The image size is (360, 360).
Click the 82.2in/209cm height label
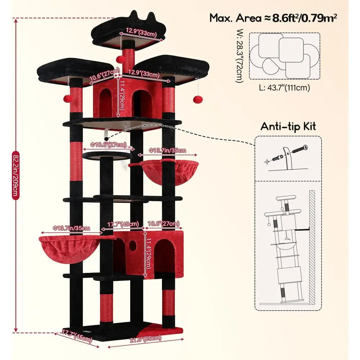(x=15, y=175)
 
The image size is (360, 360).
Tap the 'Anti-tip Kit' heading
(x=288, y=126)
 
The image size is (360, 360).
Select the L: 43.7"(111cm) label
(x=284, y=87)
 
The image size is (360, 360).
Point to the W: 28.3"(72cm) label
(x=239, y=56)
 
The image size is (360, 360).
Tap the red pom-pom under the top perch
(x=120, y=59)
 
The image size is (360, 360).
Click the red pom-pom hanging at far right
(x=197, y=99)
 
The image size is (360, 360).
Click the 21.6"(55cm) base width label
(x=145, y=339)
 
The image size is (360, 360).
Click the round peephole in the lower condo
(x=132, y=245)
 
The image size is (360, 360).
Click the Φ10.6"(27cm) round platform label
(x=108, y=145)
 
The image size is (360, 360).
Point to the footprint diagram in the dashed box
(x=285, y=56)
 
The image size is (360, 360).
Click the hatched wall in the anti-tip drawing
(x=312, y=246)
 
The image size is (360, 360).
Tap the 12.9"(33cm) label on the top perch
(x=141, y=33)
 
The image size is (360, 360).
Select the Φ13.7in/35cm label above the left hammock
(x=71, y=228)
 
